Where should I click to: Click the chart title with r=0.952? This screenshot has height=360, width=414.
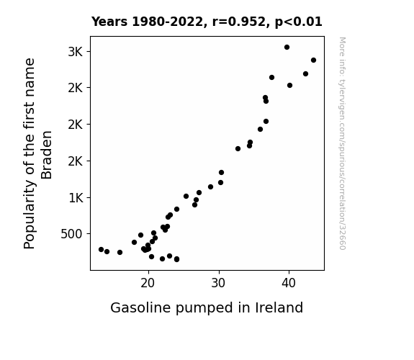point(207,22)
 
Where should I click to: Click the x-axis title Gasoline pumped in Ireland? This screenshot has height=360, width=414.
point(207,308)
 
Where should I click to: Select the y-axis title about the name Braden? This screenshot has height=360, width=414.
point(37,153)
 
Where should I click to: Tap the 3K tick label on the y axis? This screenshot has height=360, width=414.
point(76,52)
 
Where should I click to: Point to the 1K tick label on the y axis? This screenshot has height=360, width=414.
point(76,198)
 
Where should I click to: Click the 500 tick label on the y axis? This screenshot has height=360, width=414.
point(71,234)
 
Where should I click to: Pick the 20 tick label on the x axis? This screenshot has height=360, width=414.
point(148,284)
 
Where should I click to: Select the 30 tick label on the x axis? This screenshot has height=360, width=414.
point(218,284)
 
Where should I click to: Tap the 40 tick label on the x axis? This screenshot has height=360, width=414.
point(289,284)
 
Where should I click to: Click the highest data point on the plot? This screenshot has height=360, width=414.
point(287,48)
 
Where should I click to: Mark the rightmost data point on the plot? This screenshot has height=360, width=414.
point(313,60)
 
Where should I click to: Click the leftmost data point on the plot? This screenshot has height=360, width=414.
point(101,249)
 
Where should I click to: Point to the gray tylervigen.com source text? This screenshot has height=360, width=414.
point(342,143)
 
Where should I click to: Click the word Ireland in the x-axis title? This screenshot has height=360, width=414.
point(279,307)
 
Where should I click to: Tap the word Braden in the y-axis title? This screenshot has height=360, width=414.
point(47,155)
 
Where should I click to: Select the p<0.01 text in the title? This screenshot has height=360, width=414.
point(299,22)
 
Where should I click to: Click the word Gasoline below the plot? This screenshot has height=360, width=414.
point(140,307)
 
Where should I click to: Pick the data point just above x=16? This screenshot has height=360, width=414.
point(120,252)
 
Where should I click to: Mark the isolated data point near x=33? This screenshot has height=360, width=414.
point(238,149)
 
